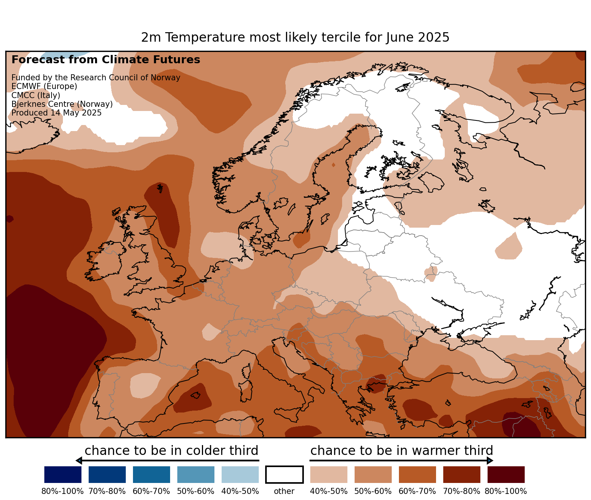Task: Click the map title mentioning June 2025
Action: [295, 37]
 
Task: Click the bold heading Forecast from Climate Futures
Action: [106, 60]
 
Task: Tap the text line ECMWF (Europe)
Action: [44, 86]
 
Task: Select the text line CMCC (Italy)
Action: [36, 95]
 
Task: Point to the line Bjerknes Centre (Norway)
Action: [62, 104]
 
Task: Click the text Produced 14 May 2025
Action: [56, 113]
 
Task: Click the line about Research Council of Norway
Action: [96, 78]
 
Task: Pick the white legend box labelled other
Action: [284, 475]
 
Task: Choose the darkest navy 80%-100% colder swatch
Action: [63, 475]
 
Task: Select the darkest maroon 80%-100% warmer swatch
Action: [506, 475]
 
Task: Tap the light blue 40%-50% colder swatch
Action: [240, 475]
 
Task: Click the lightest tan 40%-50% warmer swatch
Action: [328, 475]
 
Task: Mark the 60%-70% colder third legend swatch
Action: [152, 475]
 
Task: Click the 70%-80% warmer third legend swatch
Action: [461, 475]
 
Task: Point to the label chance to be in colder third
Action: [171, 451]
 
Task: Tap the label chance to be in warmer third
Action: [402, 451]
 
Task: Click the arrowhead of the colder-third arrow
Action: [79, 461]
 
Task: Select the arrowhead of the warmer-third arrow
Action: [490, 461]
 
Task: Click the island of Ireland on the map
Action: [106, 261]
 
